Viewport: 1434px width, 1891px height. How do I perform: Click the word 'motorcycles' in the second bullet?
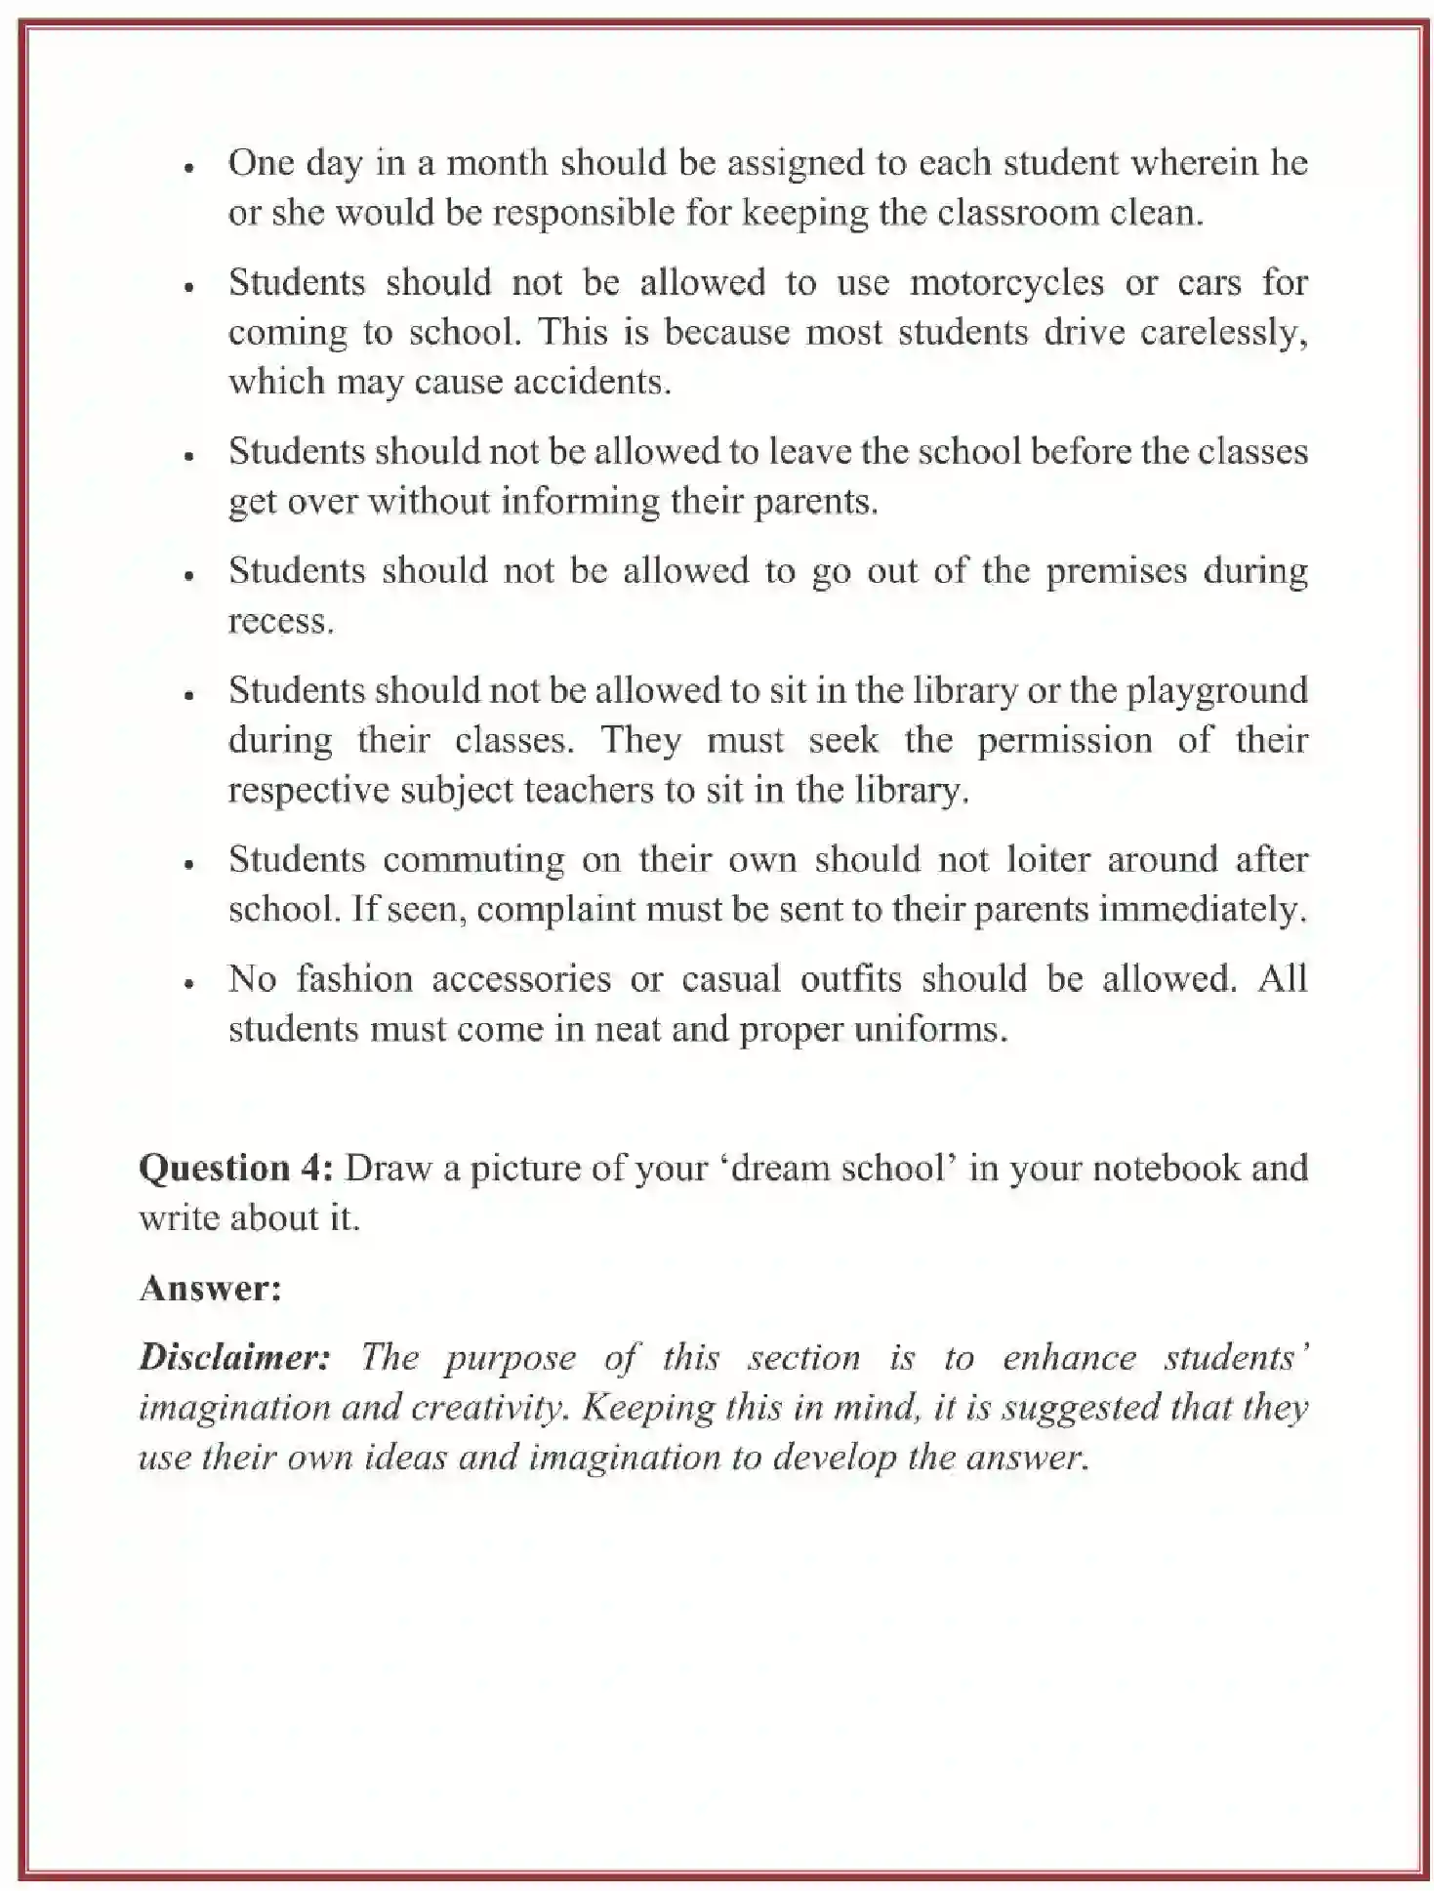[x=1006, y=282]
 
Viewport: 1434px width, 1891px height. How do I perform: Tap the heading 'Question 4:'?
[x=236, y=1169]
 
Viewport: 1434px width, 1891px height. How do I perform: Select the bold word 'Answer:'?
[x=210, y=1289]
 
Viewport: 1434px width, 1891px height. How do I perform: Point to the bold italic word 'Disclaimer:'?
[x=234, y=1358]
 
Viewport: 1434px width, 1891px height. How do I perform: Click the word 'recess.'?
[x=281, y=621]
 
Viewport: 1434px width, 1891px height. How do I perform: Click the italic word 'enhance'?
[x=1069, y=1358]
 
